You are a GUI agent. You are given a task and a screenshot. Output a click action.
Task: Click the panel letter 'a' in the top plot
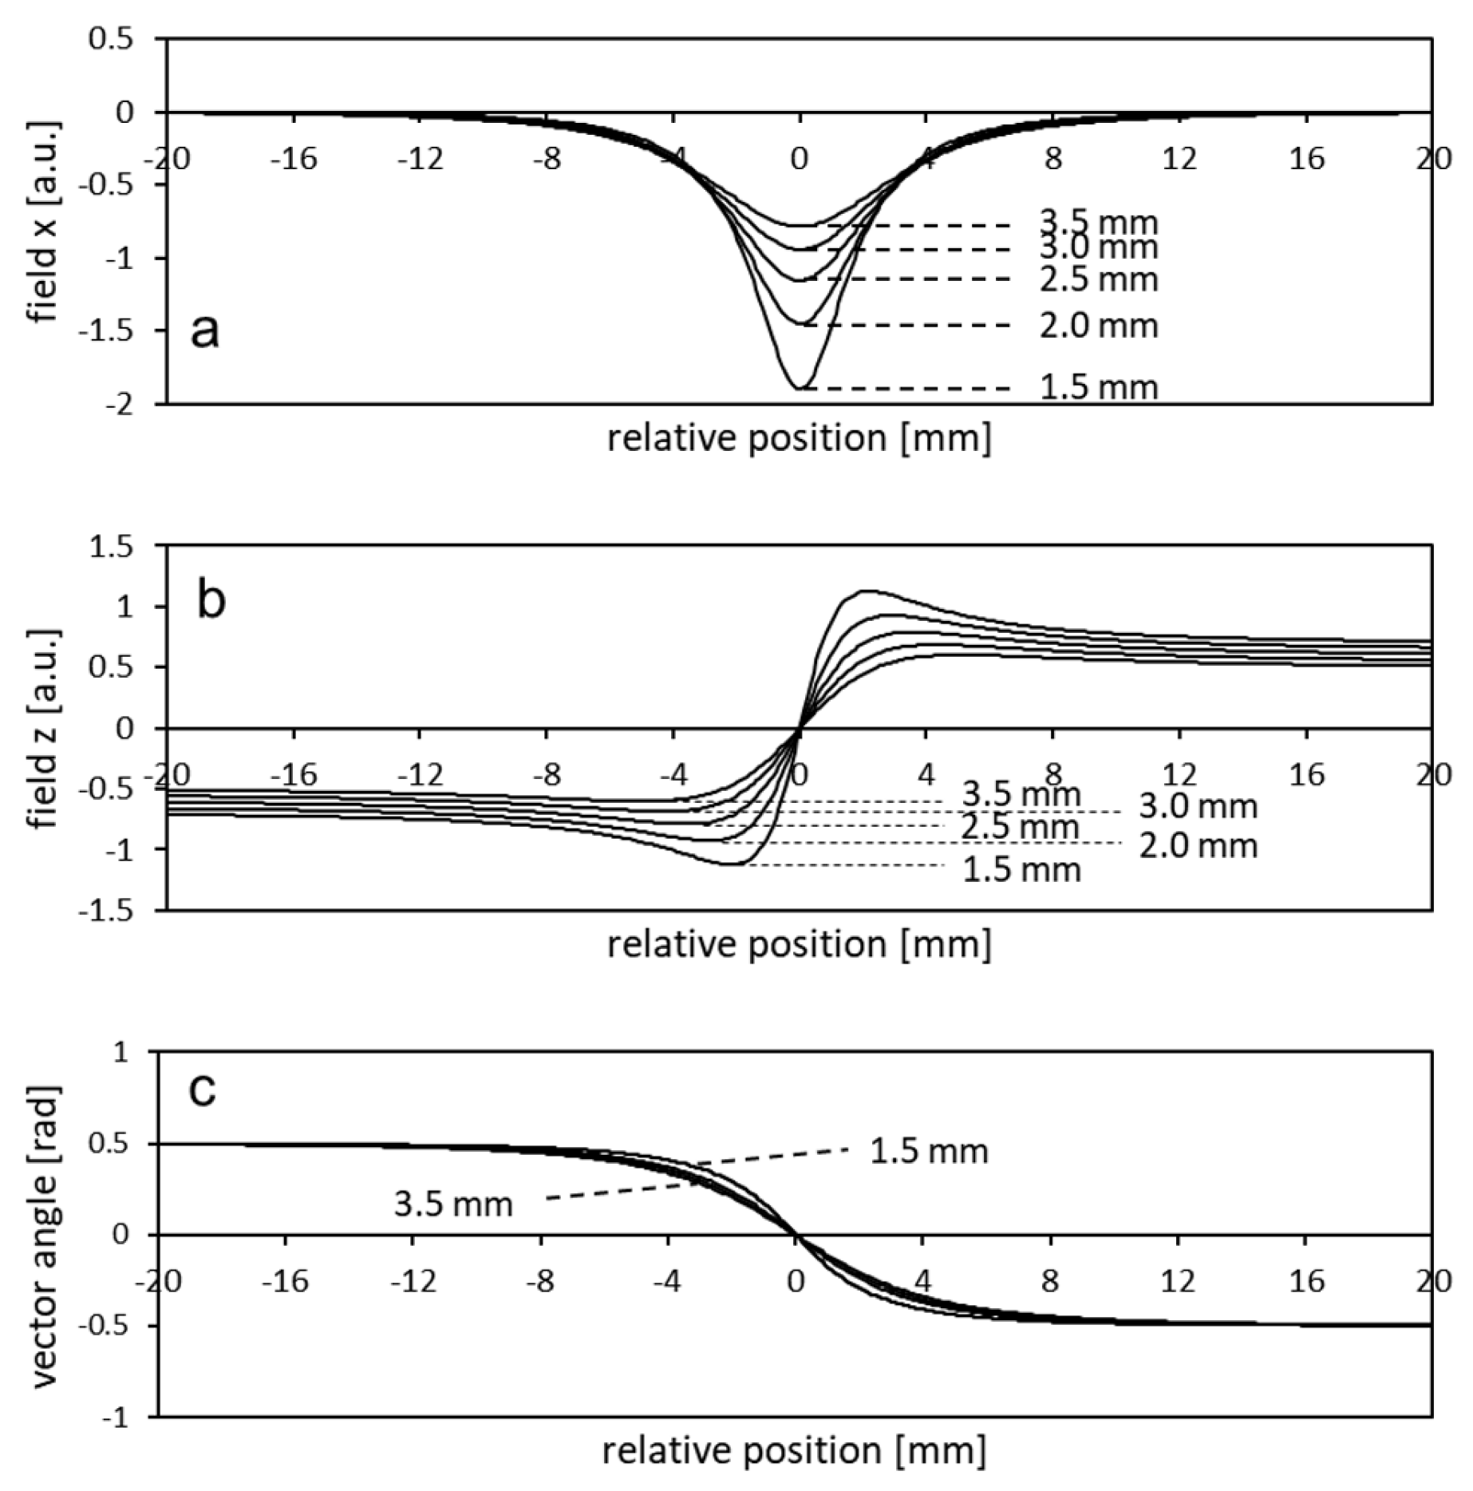(204, 331)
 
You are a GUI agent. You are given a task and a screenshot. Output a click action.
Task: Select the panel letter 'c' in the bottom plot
(202, 1090)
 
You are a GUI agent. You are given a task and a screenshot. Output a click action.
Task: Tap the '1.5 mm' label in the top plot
(1098, 387)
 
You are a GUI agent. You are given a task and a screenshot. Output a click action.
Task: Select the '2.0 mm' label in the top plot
(1098, 326)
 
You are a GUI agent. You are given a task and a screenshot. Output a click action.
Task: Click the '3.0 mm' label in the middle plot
(1197, 807)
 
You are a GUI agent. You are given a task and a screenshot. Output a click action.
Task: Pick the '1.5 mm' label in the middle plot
(1021, 869)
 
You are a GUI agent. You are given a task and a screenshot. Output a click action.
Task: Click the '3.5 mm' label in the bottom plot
(452, 1204)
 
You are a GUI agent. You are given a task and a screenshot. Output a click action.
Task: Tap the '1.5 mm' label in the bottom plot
(929, 1151)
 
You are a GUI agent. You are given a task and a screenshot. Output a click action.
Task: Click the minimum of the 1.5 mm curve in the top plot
(800, 389)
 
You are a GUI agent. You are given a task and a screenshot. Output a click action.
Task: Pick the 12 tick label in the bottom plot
(1178, 1282)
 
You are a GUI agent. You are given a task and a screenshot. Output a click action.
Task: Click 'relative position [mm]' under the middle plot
(799, 944)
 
